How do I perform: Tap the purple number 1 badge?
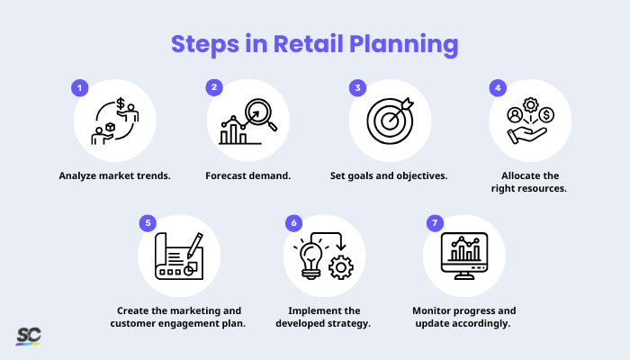coord(79,88)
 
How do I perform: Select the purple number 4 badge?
coord(496,88)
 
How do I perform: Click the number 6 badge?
coord(292,221)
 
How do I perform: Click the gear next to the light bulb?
coord(341,266)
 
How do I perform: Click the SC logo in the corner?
coord(28,336)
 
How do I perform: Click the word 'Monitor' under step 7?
coord(433,310)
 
